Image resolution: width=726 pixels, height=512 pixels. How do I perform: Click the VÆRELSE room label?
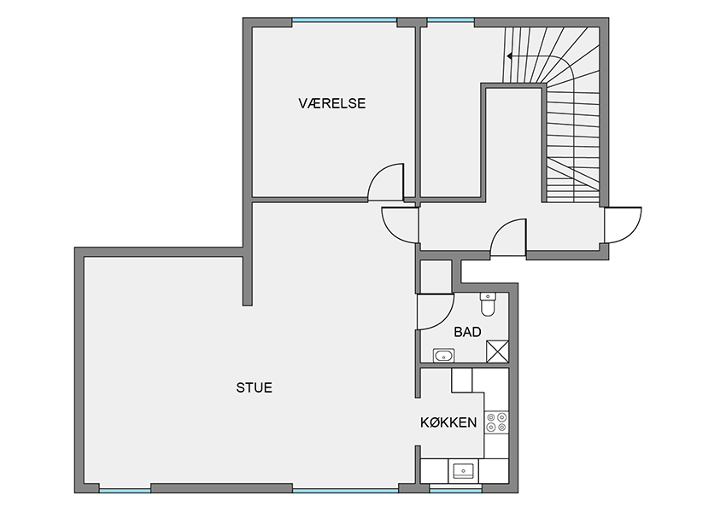pyautogui.click(x=332, y=103)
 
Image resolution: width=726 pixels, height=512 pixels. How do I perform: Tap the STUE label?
pyautogui.click(x=255, y=387)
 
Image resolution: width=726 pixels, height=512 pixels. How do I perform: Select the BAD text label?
pyautogui.click(x=468, y=332)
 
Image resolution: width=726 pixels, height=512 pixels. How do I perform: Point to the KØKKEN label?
pyautogui.click(x=448, y=422)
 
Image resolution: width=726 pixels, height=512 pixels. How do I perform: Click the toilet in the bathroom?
pyautogui.click(x=488, y=305)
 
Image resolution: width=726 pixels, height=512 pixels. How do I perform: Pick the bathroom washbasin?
pyautogui.click(x=443, y=356)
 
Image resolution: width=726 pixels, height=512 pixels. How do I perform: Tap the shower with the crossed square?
pyautogui.click(x=497, y=352)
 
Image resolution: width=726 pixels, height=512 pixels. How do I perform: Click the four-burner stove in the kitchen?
pyautogui.click(x=496, y=422)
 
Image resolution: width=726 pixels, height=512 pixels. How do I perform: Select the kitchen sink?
pyautogui.click(x=463, y=471)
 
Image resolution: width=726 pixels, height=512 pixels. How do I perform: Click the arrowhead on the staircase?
pyautogui.click(x=509, y=56)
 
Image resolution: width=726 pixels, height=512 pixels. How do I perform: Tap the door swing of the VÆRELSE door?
pyautogui.click(x=386, y=183)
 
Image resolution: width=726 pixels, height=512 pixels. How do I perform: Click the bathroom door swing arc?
pyautogui.click(x=436, y=311)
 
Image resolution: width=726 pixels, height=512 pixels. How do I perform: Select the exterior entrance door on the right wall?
pyautogui.click(x=624, y=224)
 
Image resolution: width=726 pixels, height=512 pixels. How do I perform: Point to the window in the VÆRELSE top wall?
pyautogui.click(x=344, y=20)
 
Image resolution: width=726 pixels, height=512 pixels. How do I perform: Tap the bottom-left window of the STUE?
pyautogui.click(x=125, y=490)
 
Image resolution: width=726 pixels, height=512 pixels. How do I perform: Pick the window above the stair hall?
pyautogui.click(x=450, y=20)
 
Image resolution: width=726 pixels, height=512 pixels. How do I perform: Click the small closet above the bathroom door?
pyautogui.click(x=436, y=276)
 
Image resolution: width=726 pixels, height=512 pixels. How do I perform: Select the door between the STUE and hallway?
pyautogui.click(x=400, y=224)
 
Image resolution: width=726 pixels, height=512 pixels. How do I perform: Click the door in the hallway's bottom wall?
pyautogui.click(x=508, y=237)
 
